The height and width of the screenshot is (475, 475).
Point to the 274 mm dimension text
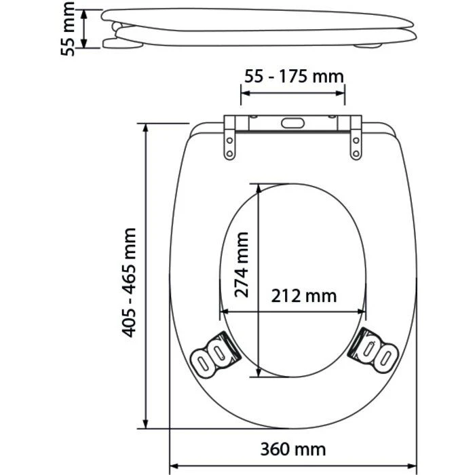point(242,265)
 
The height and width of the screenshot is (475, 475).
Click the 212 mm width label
point(303,297)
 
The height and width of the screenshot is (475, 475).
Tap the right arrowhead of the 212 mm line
point(364,311)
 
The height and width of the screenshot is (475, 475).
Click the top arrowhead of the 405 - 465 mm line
point(146,128)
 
